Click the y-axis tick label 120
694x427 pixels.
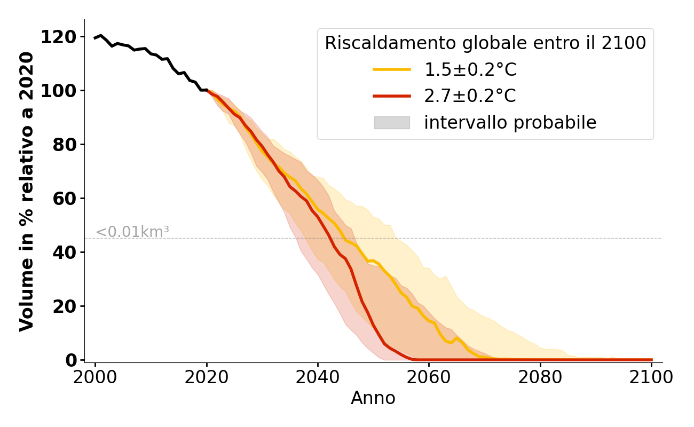[58, 37]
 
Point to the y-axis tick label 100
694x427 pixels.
[58, 91]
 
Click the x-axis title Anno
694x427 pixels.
[373, 398]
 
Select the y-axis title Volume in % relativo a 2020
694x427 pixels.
[27, 191]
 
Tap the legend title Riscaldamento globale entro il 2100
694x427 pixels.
[485, 43]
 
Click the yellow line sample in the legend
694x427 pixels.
[392, 69]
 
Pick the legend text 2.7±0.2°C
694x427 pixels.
[470, 96]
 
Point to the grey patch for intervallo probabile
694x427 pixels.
[392, 123]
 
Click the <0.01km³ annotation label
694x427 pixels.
[132, 232]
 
